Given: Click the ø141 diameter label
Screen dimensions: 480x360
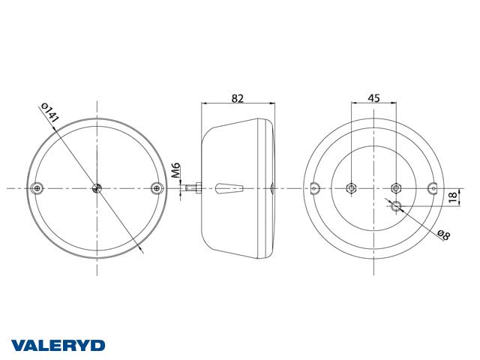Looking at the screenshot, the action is pyautogui.click(x=49, y=113).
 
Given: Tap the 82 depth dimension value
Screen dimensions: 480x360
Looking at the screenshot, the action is pyautogui.click(x=238, y=98).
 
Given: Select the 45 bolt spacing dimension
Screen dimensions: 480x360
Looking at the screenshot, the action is pyautogui.click(x=373, y=98).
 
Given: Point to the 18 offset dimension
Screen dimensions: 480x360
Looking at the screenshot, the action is pyautogui.click(x=454, y=196).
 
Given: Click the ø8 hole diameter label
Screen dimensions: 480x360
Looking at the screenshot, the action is pyautogui.click(x=444, y=235).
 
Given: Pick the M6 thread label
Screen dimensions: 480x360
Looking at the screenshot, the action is pyautogui.click(x=175, y=170).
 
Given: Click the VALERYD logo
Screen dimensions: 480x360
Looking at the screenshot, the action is pyautogui.click(x=58, y=346).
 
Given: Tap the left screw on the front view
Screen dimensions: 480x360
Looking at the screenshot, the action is pyautogui.click(x=37, y=188).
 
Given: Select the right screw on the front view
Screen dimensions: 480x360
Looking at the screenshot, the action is pyautogui.click(x=157, y=188).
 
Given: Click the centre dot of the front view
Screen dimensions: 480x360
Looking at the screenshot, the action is pyautogui.click(x=97, y=188).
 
